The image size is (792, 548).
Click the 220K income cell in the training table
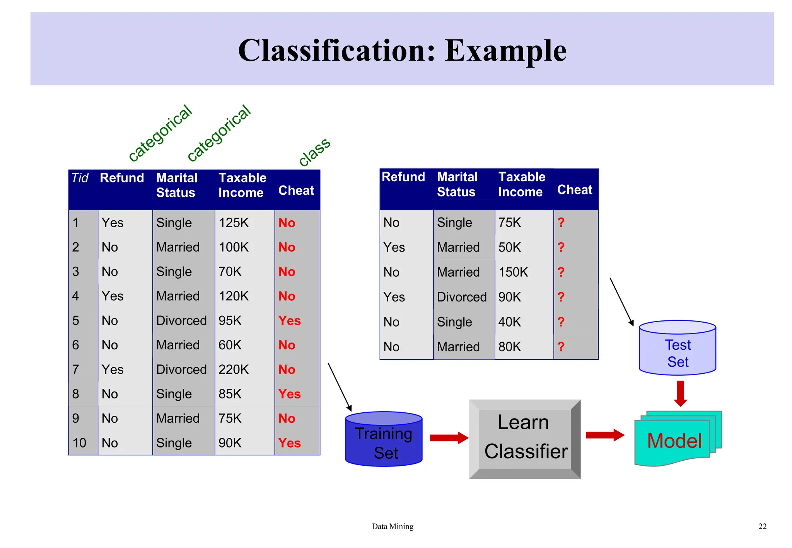point(234,370)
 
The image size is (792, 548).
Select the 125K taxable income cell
point(234,223)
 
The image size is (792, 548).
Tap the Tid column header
point(80,178)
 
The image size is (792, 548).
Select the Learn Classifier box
point(525,439)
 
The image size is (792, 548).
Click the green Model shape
point(674,441)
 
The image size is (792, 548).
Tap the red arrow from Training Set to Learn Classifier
point(449,438)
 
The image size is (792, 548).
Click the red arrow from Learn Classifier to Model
point(604,435)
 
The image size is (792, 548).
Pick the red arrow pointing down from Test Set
point(681,393)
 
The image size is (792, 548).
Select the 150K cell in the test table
point(513,272)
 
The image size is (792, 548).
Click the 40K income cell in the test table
point(510,322)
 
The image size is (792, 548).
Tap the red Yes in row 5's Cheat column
point(289,321)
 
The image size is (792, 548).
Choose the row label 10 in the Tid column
point(79,443)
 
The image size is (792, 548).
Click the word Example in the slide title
point(505,51)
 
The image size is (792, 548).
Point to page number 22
point(762,526)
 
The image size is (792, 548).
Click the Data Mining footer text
point(393,526)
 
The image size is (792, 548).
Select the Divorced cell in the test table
point(462,297)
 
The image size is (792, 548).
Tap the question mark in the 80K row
point(561,347)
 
